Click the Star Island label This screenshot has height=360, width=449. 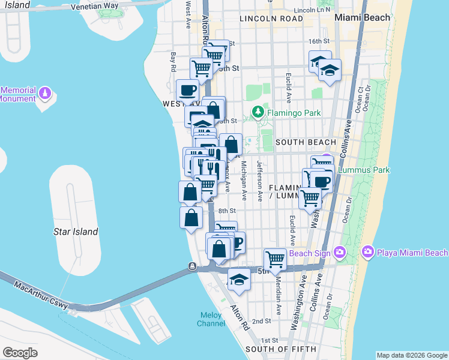click(70, 231)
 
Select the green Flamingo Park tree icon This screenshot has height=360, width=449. click(258, 112)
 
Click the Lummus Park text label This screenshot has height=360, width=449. click(364, 170)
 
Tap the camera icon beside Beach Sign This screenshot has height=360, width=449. click(340, 252)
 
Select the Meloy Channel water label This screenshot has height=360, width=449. click(211, 320)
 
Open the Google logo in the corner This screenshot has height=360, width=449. click(20, 353)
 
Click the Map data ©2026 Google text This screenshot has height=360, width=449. click(412, 355)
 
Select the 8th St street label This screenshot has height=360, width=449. click(227, 211)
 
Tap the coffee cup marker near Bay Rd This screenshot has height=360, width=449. click(187, 91)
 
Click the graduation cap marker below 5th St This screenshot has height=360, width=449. click(239, 280)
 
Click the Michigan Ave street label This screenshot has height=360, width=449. click(244, 180)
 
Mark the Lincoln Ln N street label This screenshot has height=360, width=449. click(312, 10)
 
